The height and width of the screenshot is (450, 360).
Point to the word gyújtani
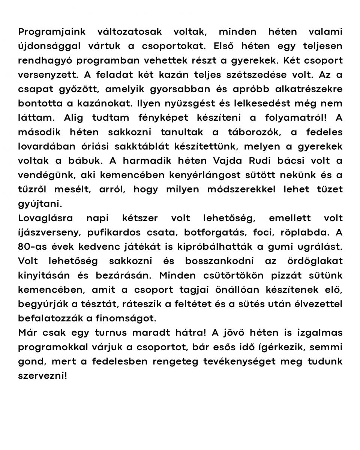[x=39, y=204]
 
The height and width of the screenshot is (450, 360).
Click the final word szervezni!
[x=42, y=375]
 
